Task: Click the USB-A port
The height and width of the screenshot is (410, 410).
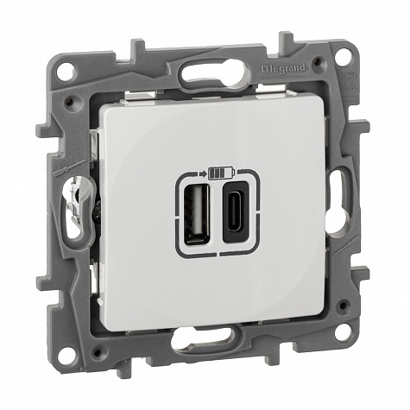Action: [197, 213]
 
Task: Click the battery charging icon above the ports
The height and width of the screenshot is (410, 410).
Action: [222, 173]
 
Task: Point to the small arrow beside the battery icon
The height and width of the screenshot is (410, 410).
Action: [203, 173]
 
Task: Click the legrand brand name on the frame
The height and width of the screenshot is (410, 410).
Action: [287, 68]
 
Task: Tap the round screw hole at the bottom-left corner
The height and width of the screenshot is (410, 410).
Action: [68, 356]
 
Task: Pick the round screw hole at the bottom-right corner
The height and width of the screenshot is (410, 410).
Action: [343, 333]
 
